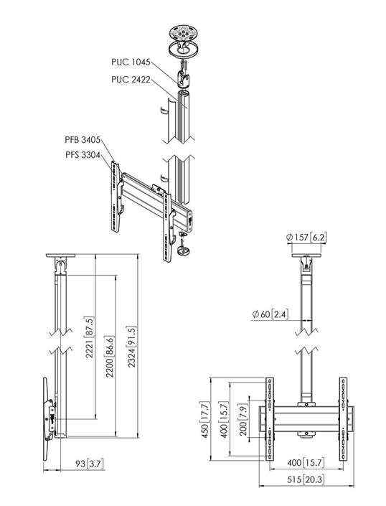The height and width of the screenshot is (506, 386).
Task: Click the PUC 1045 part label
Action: pos(131,62)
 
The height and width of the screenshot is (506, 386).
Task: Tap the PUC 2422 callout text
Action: pos(131,79)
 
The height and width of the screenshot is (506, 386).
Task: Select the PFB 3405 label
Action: pos(83,140)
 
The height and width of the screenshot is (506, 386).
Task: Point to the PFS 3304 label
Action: pos(83,155)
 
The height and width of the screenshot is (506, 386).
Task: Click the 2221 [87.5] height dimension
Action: pos(90,337)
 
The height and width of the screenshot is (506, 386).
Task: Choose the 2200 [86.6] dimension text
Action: pos(109,357)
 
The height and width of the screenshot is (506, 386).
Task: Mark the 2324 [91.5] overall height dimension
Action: pos(132,347)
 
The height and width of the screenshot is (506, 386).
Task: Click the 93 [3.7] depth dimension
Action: pos(89,464)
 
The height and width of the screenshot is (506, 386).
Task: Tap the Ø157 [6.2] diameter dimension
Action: pos(306,238)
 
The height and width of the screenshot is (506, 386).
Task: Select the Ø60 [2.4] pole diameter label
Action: pos(270,314)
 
